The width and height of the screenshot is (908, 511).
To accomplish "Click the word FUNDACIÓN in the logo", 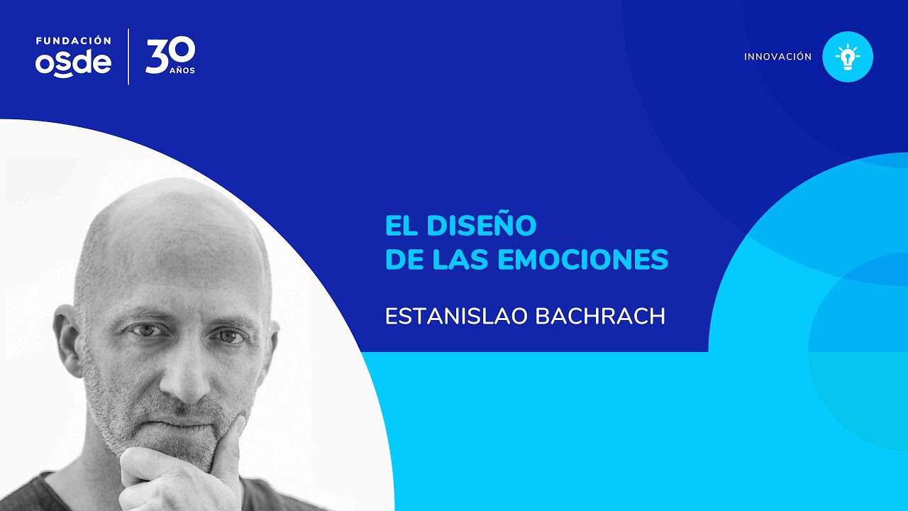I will (73, 40).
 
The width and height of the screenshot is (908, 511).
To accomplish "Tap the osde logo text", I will (73, 63).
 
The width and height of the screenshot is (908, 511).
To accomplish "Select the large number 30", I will (170, 55).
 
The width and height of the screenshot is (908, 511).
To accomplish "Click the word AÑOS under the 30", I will (182, 71).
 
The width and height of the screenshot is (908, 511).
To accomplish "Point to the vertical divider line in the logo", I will (128, 57).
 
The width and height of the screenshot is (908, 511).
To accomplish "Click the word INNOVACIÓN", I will (777, 57).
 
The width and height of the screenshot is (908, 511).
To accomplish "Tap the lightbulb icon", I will (847, 57).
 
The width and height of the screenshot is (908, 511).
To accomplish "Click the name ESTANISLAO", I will (457, 316).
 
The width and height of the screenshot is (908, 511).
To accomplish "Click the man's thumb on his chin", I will (231, 444).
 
